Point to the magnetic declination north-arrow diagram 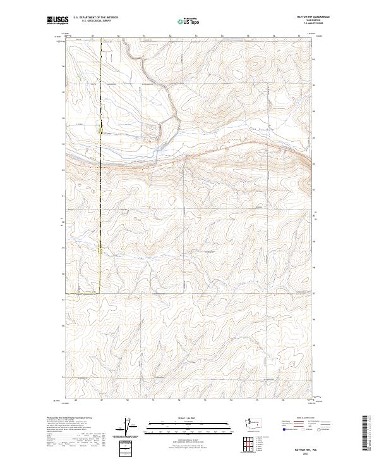pyautogui.click(x=134, y=427)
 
